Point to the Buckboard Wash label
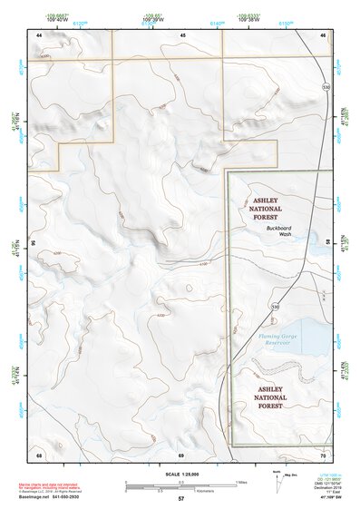(272, 230)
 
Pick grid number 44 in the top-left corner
(39, 34)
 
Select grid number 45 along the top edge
(182, 34)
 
